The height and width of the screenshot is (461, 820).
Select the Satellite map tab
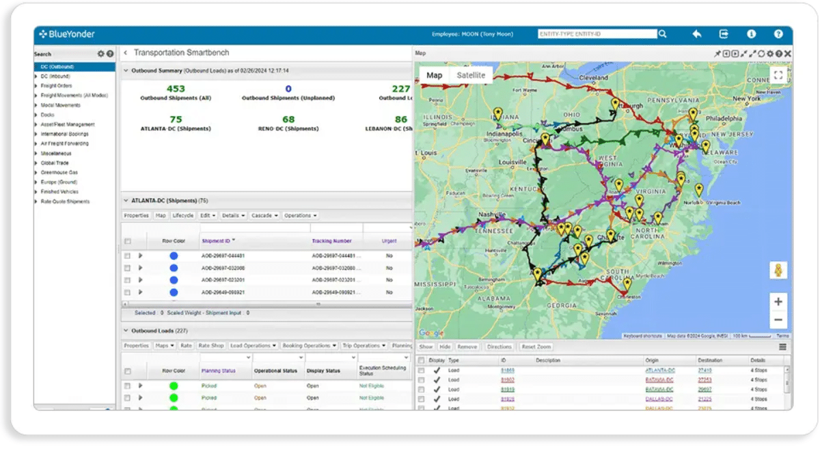click(x=471, y=76)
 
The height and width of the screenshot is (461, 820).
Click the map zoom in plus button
click(x=778, y=301)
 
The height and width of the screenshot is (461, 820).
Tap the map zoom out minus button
click(x=778, y=320)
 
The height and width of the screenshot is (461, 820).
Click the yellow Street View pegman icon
click(x=778, y=270)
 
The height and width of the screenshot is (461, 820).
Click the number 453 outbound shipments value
click(x=176, y=89)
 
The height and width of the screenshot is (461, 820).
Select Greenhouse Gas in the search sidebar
click(x=59, y=173)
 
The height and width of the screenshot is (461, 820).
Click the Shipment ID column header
click(x=217, y=241)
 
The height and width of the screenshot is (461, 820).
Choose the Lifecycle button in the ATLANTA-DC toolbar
click(x=183, y=216)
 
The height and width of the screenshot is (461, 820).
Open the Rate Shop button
click(x=211, y=346)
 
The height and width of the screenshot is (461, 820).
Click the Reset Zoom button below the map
click(x=536, y=347)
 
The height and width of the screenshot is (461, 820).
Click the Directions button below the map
click(x=499, y=347)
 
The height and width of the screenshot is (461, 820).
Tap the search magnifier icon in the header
click(x=663, y=33)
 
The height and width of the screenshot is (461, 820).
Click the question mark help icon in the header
click(x=778, y=33)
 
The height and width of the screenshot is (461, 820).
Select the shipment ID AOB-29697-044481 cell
click(x=223, y=256)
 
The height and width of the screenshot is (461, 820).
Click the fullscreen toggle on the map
click(x=778, y=75)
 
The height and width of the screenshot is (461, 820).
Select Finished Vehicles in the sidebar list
click(x=59, y=192)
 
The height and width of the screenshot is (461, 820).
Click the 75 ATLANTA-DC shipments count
click(x=176, y=120)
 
